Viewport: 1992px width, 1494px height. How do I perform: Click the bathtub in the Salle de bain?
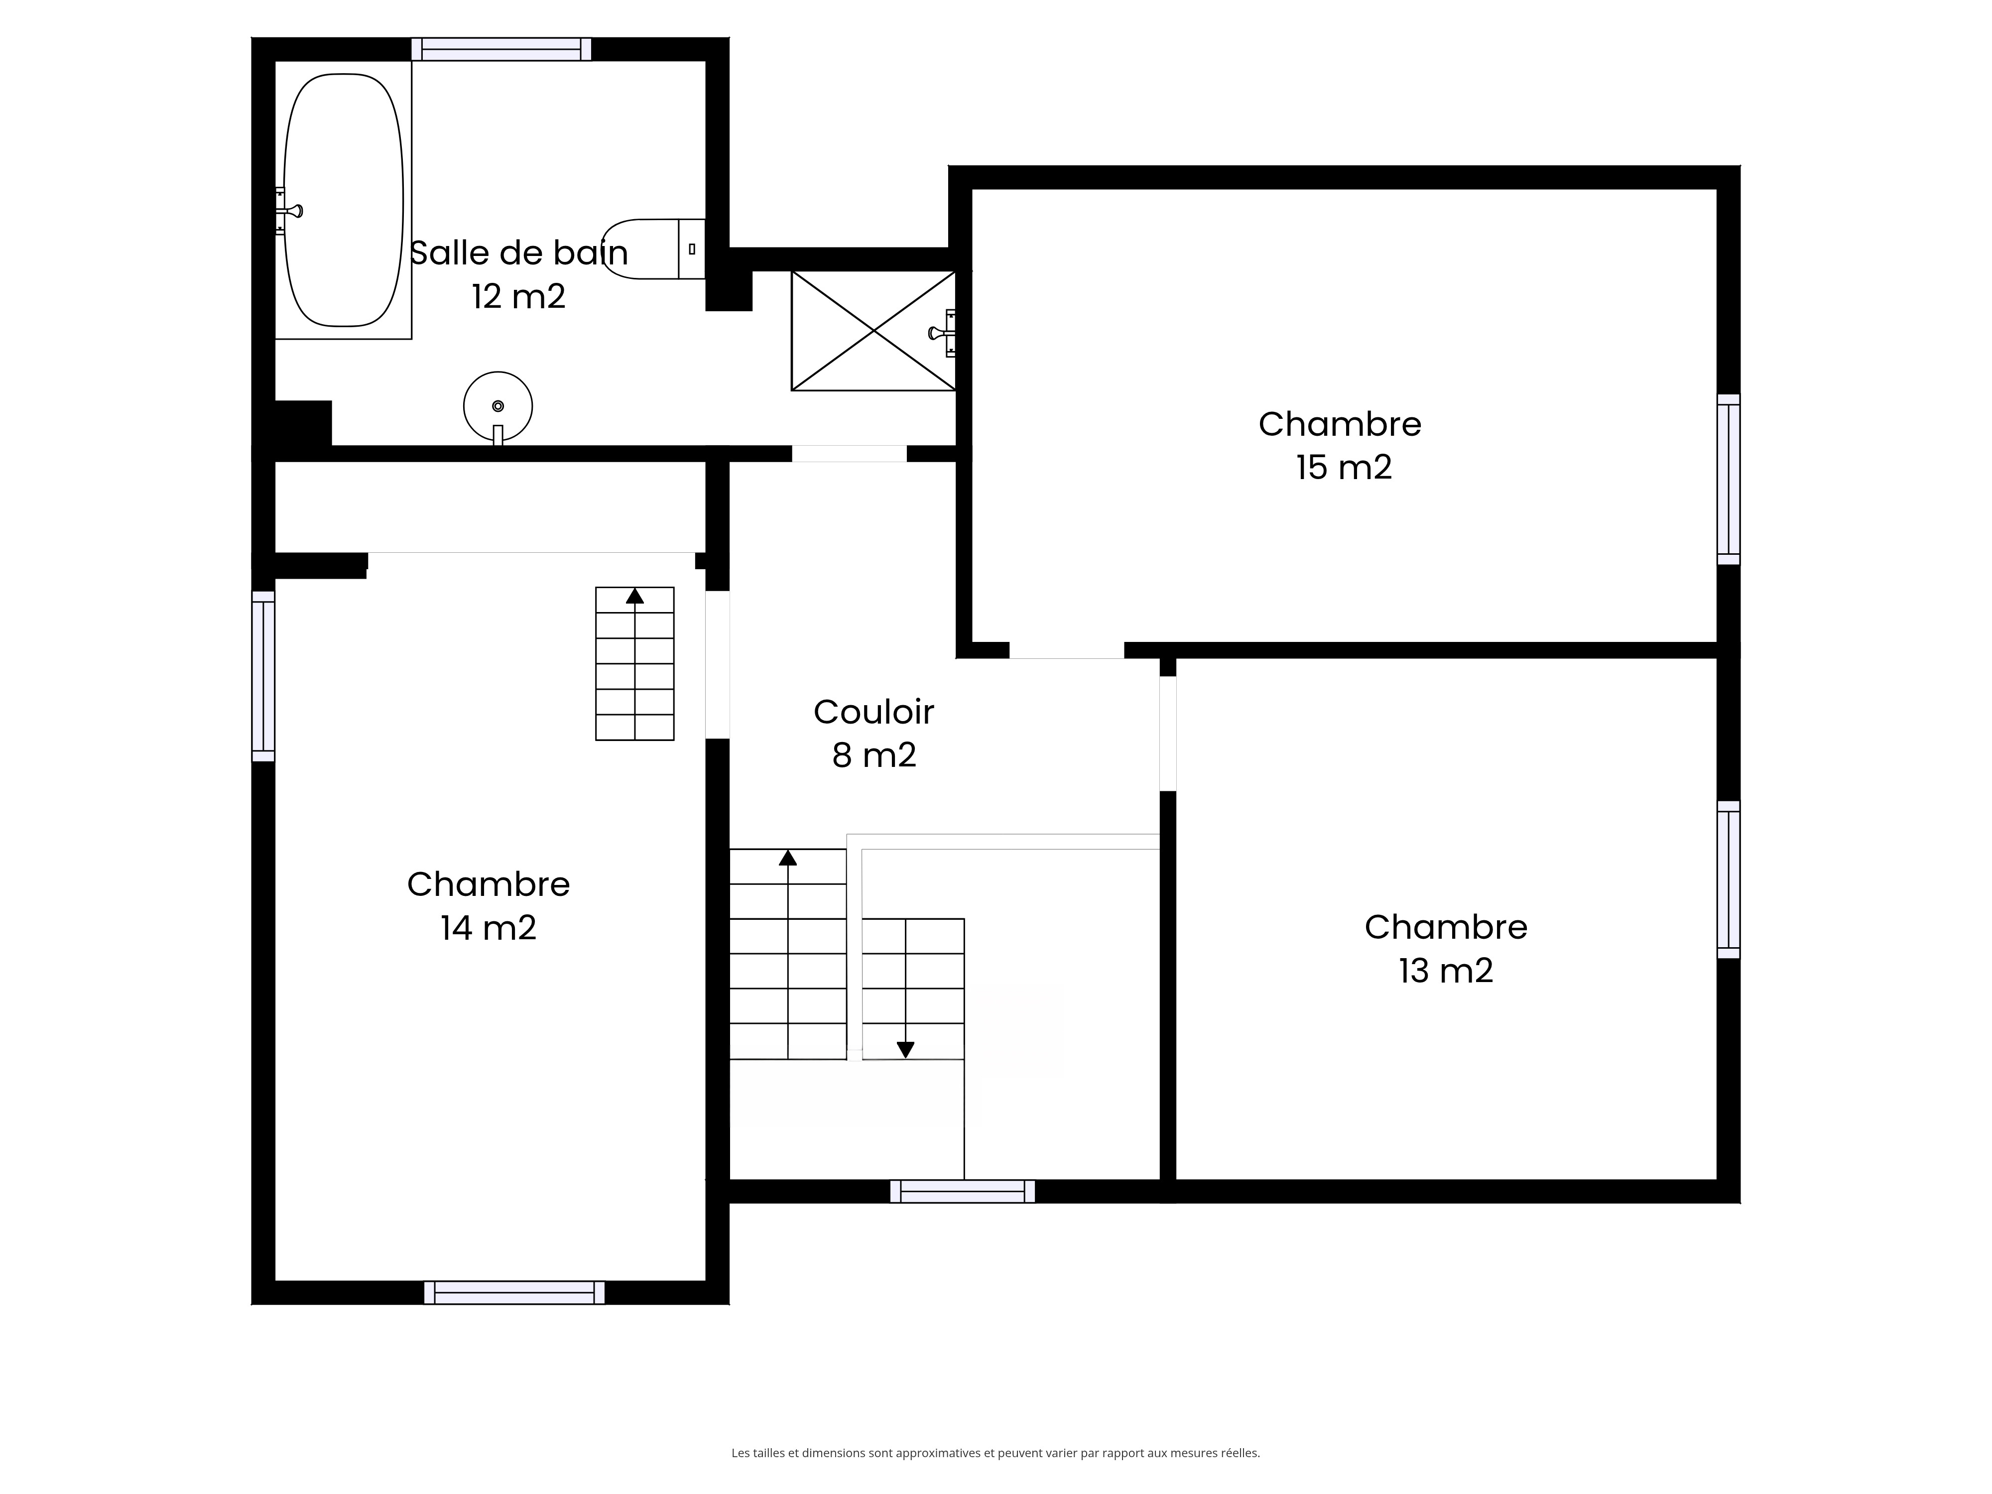click(343, 200)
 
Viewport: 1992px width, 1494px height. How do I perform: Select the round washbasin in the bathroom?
click(498, 407)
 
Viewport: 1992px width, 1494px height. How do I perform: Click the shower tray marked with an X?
click(873, 331)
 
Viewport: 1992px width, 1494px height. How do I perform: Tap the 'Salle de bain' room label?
click(519, 253)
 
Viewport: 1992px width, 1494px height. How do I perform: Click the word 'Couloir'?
click(873, 712)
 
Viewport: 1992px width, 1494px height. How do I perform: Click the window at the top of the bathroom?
click(501, 49)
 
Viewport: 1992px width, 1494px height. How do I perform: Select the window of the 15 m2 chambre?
click(1728, 479)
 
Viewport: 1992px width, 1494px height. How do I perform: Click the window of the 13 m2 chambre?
click(1728, 879)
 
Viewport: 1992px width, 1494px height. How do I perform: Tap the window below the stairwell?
click(963, 1191)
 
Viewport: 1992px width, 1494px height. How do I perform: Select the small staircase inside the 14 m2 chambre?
click(635, 664)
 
